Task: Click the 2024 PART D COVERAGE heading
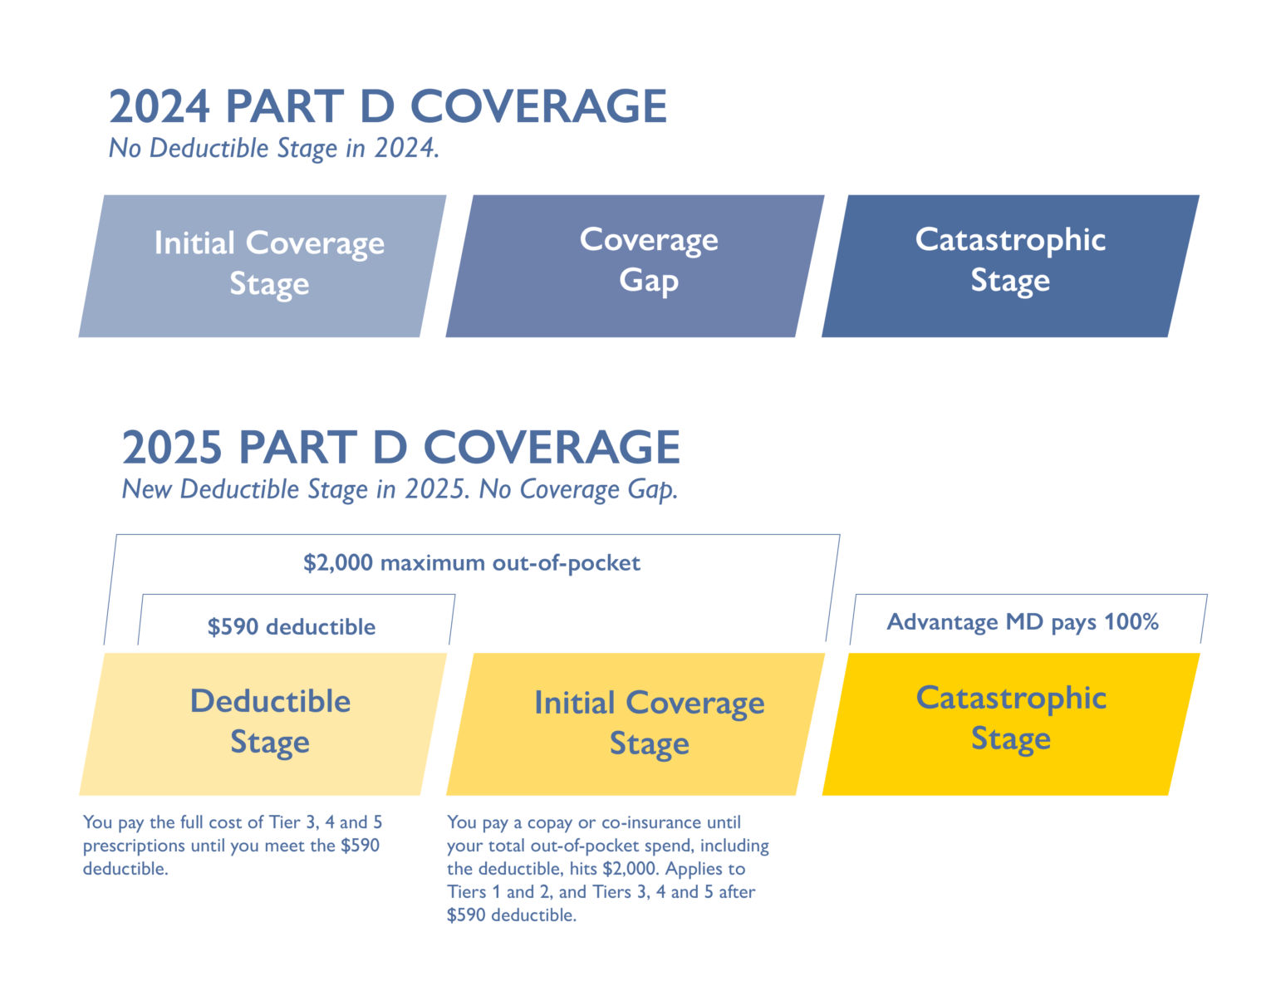click(x=387, y=106)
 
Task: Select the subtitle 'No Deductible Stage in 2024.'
click(x=273, y=149)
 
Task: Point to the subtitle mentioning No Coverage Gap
click(x=400, y=489)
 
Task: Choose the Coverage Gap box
click(x=636, y=266)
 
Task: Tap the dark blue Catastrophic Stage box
click(x=1010, y=266)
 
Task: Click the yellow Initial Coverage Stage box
click(x=636, y=724)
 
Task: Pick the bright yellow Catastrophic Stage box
click(x=1010, y=724)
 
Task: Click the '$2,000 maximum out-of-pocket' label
click(x=472, y=563)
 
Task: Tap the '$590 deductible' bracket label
click(x=292, y=626)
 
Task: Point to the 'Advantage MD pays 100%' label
click(x=1023, y=622)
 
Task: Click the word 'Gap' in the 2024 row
click(x=649, y=281)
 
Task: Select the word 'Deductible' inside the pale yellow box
click(x=270, y=701)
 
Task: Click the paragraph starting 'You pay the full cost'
click(x=233, y=846)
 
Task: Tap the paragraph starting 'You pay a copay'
click(x=607, y=869)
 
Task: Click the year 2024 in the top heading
click(x=159, y=106)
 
